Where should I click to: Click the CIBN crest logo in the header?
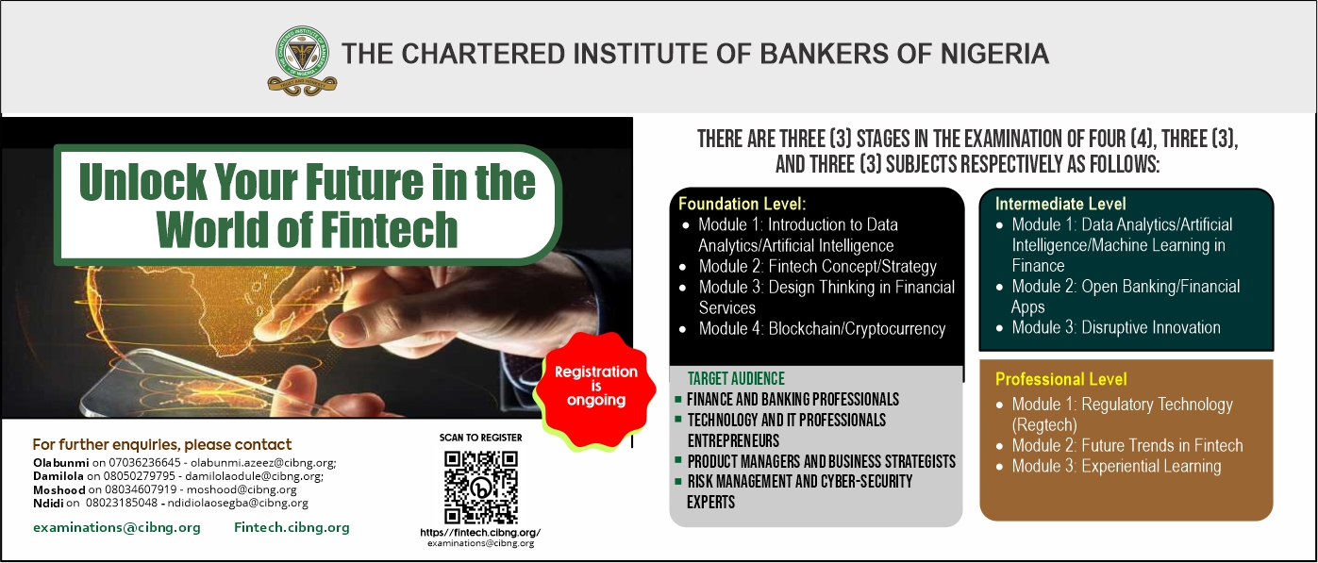coord(303,60)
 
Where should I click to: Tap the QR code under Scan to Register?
coord(481,488)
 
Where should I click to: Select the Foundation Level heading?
coord(742,204)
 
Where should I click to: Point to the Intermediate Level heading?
coord(1060,204)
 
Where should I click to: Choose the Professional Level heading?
coord(1060,379)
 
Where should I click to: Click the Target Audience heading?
coord(736,378)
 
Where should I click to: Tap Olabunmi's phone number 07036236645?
coord(144,463)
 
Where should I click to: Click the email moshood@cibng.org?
coord(242,489)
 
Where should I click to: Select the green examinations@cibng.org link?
coord(116,528)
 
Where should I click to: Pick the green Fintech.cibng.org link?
coord(292,528)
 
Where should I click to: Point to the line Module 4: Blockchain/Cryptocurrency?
coord(822,328)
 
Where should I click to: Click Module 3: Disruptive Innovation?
coord(1115,327)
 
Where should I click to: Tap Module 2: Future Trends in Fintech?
coord(1126,445)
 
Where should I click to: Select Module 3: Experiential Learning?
coord(1116,466)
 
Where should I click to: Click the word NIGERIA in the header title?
coord(993,54)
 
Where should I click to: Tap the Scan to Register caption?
coord(481,438)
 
